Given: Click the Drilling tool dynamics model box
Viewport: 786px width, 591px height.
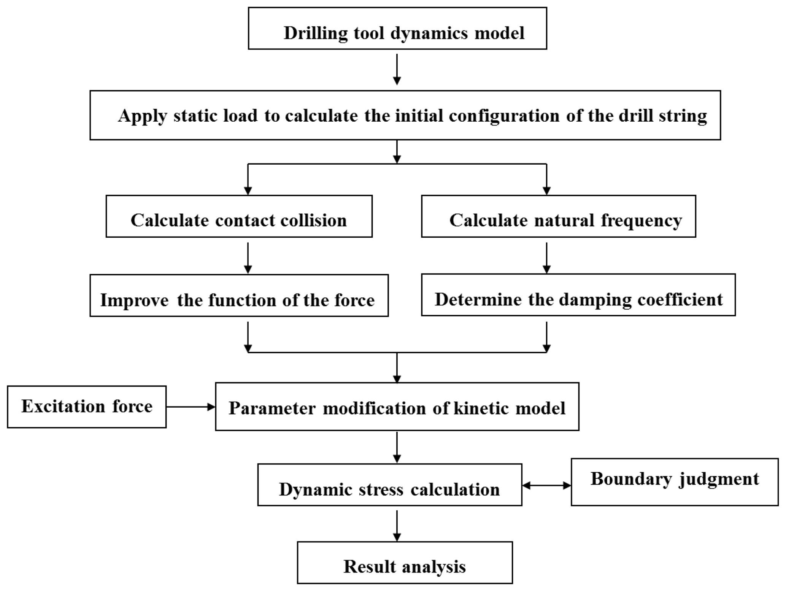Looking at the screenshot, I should (x=397, y=29).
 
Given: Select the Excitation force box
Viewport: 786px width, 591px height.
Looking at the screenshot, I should (x=87, y=407).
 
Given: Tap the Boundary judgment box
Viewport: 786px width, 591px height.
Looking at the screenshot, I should (x=674, y=481).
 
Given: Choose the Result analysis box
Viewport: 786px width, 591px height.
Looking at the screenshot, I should (x=405, y=562).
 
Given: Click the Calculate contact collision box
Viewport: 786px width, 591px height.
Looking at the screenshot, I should (x=239, y=216).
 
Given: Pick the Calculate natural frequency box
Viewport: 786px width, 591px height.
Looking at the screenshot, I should (x=558, y=216).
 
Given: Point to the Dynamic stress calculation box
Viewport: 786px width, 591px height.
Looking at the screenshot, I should (x=389, y=485).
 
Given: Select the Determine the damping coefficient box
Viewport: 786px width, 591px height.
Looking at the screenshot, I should (x=578, y=295).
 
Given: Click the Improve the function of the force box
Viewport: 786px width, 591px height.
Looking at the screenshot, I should (x=239, y=295).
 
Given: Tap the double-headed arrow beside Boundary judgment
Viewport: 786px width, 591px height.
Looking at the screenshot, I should (x=546, y=485).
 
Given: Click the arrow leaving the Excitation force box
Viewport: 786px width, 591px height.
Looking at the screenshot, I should (x=191, y=407).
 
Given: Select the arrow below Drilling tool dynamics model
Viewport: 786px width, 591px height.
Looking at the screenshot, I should (x=397, y=69).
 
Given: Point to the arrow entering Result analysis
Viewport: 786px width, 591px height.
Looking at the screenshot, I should (x=397, y=526).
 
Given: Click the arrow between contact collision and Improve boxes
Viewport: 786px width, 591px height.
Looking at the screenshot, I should (x=248, y=258).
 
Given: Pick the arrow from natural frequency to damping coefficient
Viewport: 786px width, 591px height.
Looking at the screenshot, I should (x=546, y=258).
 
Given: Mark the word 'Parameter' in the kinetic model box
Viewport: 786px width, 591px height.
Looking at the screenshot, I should (x=272, y=408).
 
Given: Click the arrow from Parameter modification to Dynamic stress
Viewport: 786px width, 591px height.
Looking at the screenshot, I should (x=397, y=447).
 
